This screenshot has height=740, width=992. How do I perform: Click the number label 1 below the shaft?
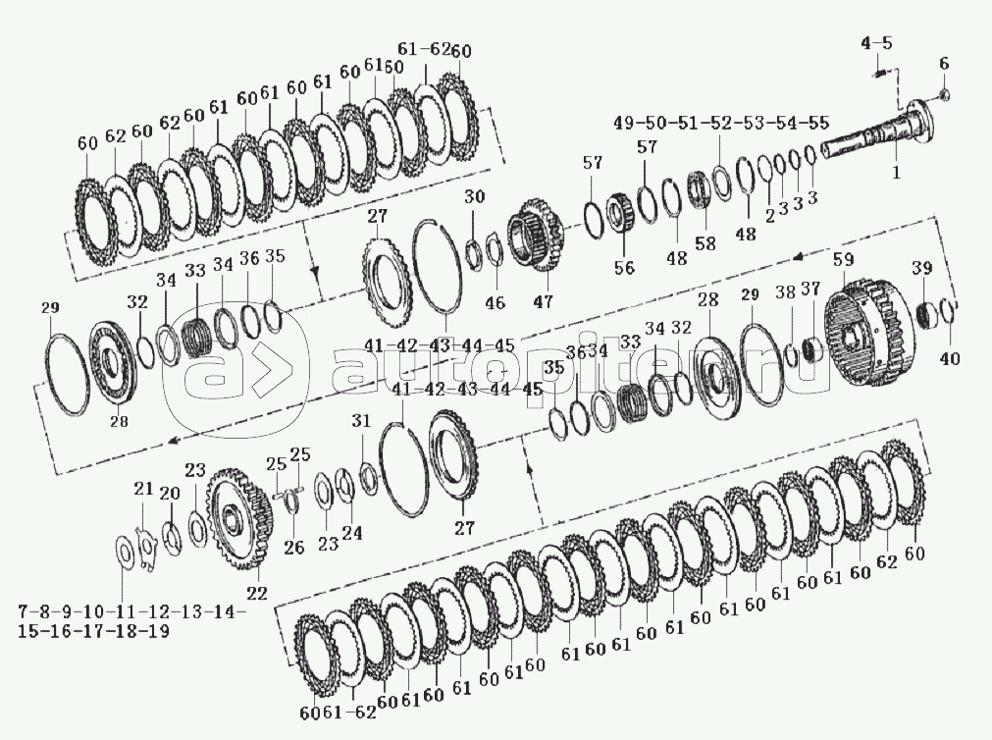click(896, 172)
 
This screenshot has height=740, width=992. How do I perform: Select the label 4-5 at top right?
click(876, 43)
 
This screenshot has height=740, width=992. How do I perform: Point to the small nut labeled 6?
click(943, 95)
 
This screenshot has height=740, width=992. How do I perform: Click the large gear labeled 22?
click(241, 520)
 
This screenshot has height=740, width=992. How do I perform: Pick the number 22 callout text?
click(257, 593)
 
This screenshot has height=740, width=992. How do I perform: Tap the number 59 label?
click(843, 259)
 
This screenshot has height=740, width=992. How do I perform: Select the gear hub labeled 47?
click(536, 235)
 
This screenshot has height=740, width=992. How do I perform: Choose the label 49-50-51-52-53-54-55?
click(720, 123)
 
